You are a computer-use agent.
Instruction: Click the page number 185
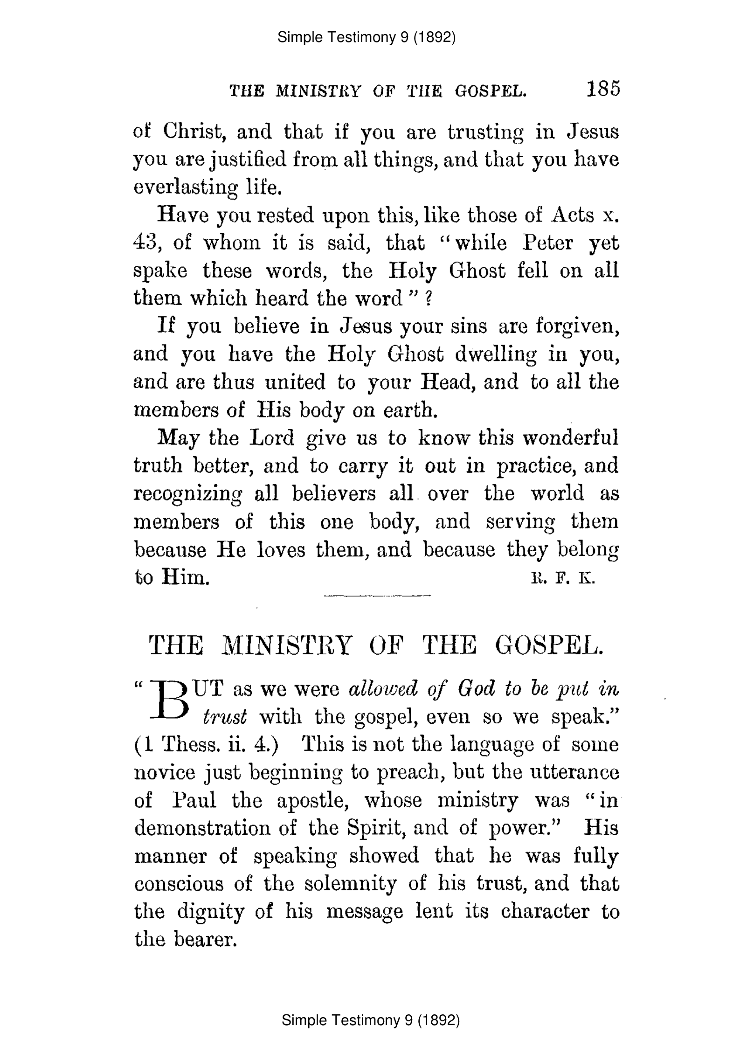[x=603, y=89]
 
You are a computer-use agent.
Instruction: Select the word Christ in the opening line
[x=194, y=132]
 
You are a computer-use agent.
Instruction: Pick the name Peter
[x=548, y=243]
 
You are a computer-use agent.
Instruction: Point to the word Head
[x=447, y=382]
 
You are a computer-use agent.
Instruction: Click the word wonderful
[x=570, y=438]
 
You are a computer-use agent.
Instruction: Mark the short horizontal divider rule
[x=377, y=596]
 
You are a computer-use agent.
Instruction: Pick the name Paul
[x=194, y=800]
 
